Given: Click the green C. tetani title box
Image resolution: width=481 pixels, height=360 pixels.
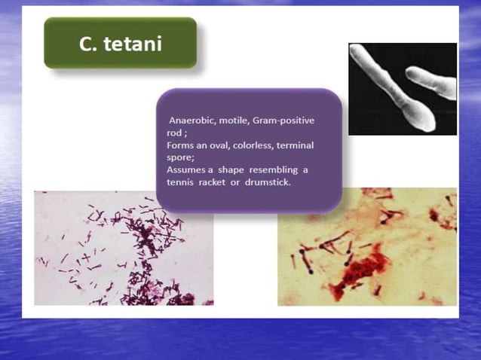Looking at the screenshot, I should click(x=120, y=43).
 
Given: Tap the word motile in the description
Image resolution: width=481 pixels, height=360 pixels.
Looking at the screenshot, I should click(x=237, y=121).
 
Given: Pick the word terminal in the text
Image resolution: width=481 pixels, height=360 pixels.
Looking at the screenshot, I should click(x=301, y=145).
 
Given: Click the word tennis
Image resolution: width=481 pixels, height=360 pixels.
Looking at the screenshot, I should click(x=181, y=183).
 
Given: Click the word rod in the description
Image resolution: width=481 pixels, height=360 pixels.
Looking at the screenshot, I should click(x=176, y=133).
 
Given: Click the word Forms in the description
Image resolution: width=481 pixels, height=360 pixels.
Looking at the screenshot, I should click(x=181, y=145).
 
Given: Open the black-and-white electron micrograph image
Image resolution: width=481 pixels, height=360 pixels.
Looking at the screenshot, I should click(x=402, y=88).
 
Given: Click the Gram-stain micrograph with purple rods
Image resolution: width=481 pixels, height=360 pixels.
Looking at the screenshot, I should click(x=123, y=248).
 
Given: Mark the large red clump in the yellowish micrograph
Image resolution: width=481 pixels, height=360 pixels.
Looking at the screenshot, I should click(x=362, y=271).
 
